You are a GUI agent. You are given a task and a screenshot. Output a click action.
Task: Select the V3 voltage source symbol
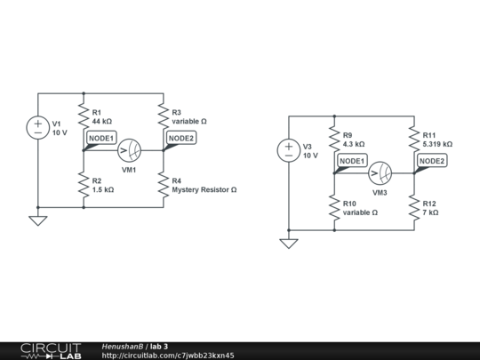coord(289,150)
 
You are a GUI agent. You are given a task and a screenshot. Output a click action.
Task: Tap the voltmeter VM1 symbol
coord(129,150)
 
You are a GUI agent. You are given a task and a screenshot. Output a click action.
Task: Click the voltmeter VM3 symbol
coord(380,172)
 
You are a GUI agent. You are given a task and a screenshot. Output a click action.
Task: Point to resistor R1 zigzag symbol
coord(84,116)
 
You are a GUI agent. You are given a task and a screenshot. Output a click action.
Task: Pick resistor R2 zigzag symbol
coord(84,185)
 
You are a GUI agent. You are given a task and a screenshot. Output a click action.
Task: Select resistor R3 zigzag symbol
coord(164,116)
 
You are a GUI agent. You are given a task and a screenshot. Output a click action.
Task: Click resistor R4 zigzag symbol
coord(164,185)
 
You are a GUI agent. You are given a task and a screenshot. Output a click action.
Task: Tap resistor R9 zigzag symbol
coord(334,139)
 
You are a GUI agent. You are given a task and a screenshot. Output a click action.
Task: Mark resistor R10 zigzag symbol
coord(334,208)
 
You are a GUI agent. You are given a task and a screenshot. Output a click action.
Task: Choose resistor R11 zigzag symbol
coord(414,139)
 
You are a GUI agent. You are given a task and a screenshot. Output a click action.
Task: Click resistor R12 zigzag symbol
coord(414,208)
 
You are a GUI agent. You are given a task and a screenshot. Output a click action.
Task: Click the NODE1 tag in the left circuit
coord(100,138)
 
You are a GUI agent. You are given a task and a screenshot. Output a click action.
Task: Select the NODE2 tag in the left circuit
coord(180,138)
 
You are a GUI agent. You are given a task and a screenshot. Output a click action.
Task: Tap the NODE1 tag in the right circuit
coord(351,161)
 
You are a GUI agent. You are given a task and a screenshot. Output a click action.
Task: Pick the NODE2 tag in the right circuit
coord(432,161)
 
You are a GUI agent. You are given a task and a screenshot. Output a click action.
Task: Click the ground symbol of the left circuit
coord(38,220)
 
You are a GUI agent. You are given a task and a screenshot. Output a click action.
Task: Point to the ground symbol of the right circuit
coord(289,243)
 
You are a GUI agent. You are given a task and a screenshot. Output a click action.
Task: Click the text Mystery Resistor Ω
coord(204,189)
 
